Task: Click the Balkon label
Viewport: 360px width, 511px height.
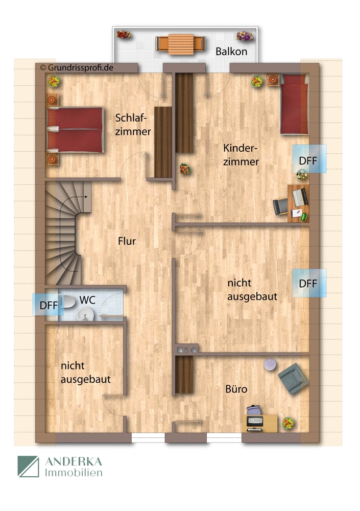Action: tap(231, 52)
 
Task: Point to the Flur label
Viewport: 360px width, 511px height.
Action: tap(127, 241)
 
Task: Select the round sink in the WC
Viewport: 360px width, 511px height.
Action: tap(86, 315)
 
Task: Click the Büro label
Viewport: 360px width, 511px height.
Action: tap(236, 389)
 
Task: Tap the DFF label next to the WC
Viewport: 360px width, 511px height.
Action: tap(49, 306)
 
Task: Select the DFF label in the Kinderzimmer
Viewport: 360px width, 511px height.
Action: tap(308, 160)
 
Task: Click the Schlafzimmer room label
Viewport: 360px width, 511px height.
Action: tap(133, 124)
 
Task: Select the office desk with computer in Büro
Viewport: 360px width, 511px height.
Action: tap(261, 422)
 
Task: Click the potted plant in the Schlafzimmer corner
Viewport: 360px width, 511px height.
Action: tap(54, 81)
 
